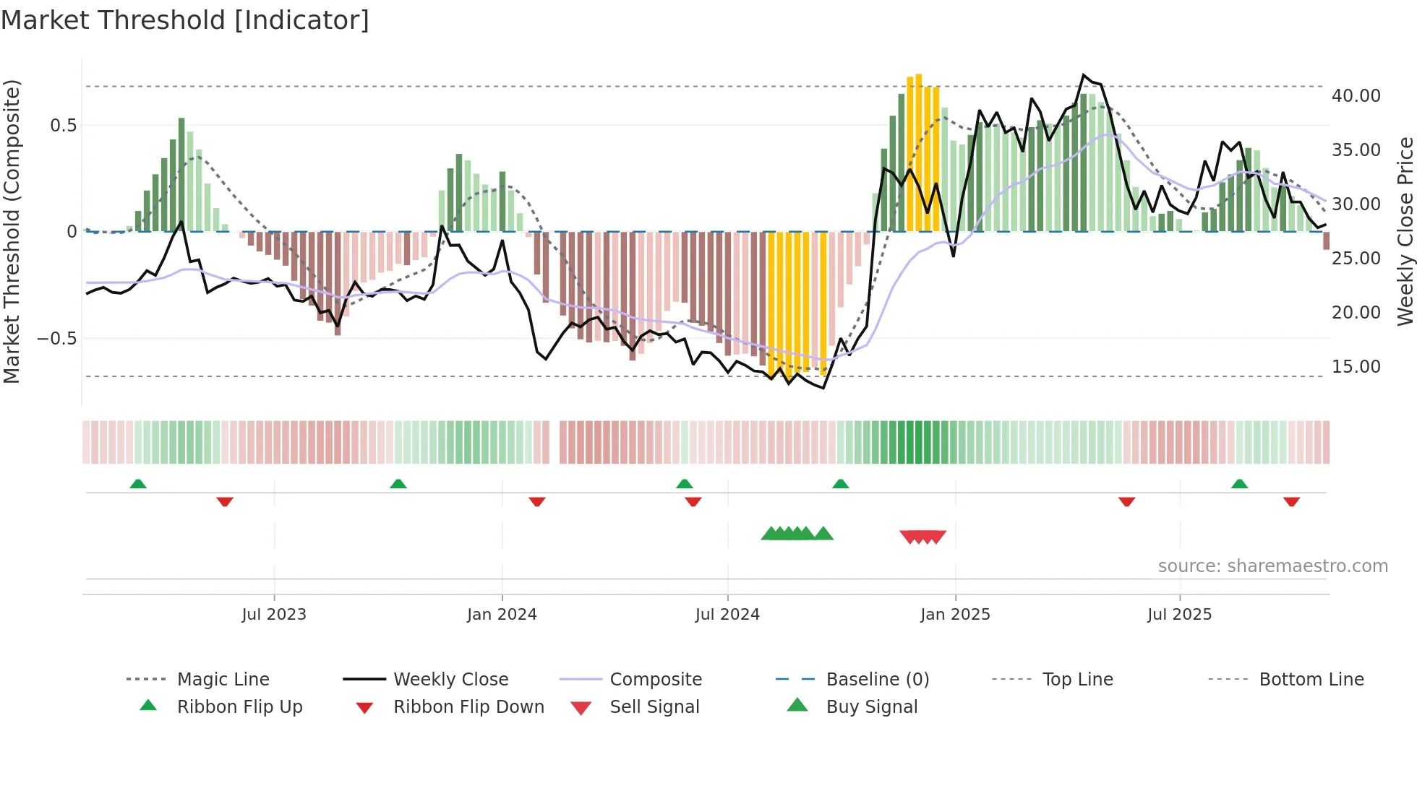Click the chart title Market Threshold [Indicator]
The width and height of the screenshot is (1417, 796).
click(185, 20)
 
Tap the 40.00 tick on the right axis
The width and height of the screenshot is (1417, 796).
click(1356, 95)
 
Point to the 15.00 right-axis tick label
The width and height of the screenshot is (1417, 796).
click(1356, 367)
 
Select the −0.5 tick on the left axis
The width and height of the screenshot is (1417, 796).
click(57, 339)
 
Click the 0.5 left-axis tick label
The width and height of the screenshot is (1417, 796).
click(63, 126)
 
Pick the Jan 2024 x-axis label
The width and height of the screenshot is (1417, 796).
click(502, 615)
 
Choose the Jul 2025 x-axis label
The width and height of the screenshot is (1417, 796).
click(1179, 615)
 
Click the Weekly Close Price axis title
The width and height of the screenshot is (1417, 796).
click(1405, 231)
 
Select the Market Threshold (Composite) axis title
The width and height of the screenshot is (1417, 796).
click(12, 231)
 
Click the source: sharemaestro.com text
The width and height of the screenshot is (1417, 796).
click(1272, 566)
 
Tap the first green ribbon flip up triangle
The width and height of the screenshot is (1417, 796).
click(138, 484)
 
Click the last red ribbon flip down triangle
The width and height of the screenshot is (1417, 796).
click(1291, 501)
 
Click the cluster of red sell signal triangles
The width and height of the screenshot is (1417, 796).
click(923, 537)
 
